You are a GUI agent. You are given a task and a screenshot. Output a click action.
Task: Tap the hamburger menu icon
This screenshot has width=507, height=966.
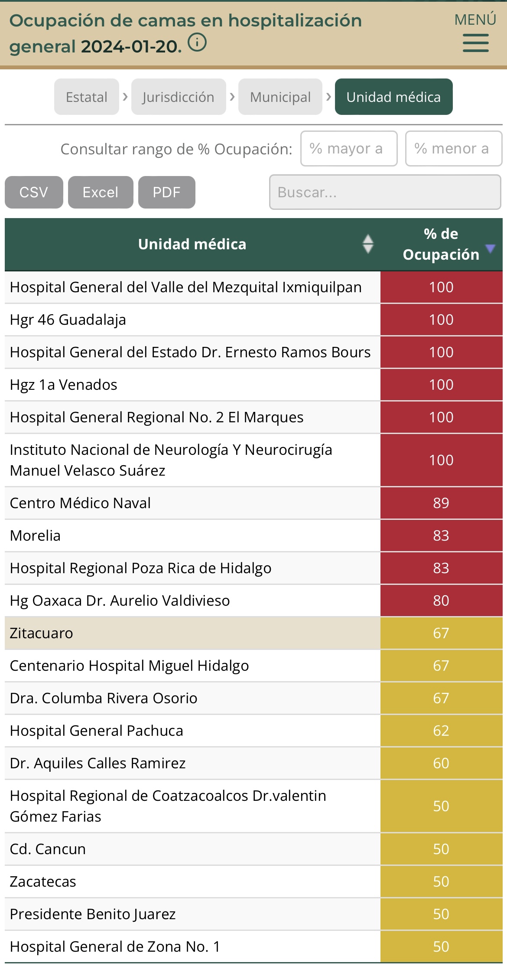[x=475, y=43]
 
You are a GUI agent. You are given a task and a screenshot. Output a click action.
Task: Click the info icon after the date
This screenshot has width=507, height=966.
[x=197, y=43]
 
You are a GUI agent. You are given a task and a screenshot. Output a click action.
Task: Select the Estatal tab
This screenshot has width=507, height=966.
[x=87, y=97]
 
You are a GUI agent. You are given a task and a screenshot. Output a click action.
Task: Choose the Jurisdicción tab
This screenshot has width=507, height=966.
[x=179, y=97]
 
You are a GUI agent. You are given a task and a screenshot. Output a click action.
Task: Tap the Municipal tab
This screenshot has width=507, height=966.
[x=280, y=97]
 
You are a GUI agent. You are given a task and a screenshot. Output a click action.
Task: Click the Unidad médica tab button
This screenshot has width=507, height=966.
[x=393, y=97]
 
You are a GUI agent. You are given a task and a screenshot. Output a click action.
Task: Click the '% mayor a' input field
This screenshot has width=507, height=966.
[x=349, y=149]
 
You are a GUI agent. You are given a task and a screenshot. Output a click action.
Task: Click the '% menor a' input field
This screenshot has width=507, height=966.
[x=453, y=149]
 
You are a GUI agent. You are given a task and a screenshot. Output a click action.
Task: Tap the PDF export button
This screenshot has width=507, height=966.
[x=166, y=192]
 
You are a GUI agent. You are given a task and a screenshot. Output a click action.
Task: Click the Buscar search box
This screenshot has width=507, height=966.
[x=385, y=192]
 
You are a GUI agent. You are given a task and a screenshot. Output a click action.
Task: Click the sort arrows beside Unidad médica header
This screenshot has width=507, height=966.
[x=368, y=244]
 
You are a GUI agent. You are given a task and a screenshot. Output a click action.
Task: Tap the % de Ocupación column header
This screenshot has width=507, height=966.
[x=441, y=244]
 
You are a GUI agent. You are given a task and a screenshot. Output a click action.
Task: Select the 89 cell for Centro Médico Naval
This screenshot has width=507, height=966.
[x=441, y=503]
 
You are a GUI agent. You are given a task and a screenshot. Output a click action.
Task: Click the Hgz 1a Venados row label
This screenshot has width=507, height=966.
[x=64, y=385]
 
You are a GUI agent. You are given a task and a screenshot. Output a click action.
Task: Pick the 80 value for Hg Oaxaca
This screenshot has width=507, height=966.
[x=441, y=600]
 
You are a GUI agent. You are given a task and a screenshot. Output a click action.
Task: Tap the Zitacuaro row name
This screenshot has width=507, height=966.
[x=42, y=633]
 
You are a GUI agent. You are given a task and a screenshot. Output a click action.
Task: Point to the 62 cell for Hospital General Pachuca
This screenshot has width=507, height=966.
[x=441, y=731]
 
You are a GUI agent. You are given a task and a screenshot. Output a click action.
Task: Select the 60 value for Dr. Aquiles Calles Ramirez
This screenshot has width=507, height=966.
[x=441, y=763]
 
